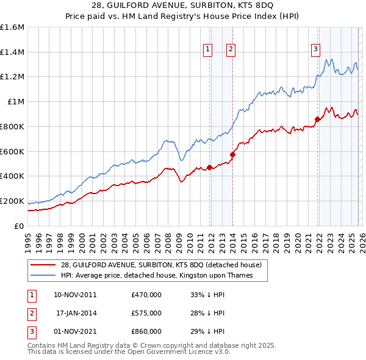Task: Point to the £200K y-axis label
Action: (x=12, y=201)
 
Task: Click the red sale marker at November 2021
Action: (x=317, y=119)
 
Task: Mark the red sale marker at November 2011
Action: (x=209, y=167)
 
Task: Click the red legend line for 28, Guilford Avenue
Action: (x=43, y=265)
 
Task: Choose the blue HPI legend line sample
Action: (x=43, y=275)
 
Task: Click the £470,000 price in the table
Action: (x=146, y=295)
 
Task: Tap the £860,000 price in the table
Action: (x=146, y=331)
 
